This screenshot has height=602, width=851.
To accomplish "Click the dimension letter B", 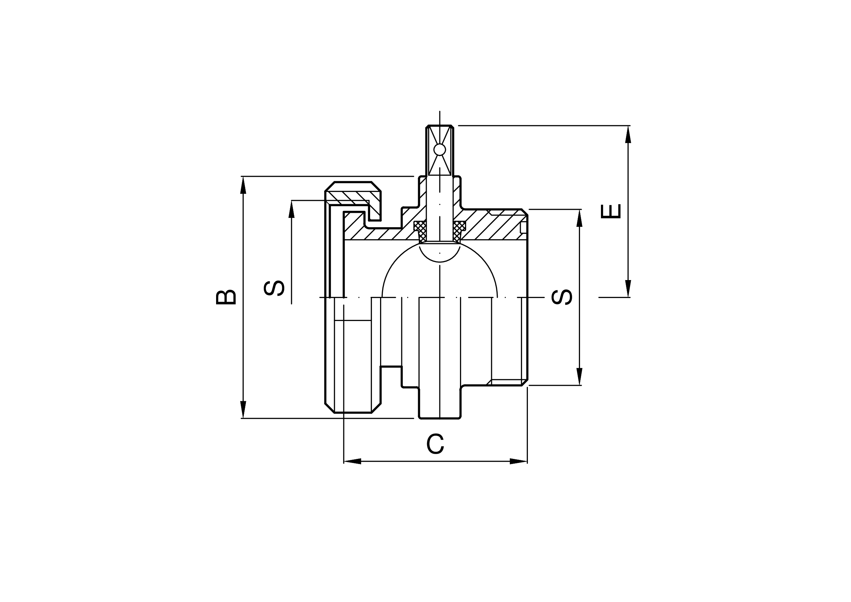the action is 226,297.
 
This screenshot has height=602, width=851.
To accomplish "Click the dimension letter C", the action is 435,444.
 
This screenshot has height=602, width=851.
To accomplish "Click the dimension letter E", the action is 611,211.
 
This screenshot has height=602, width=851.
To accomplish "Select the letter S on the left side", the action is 274,288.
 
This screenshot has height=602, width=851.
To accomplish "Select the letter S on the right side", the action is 562,297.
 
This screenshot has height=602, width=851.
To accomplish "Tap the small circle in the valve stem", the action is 440,150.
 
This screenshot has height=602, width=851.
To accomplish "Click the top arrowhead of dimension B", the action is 243,185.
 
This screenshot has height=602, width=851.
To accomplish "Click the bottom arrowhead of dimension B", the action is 243,409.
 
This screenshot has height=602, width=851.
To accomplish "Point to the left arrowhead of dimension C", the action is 353,461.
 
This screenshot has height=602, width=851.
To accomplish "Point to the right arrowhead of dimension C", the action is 519,461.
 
